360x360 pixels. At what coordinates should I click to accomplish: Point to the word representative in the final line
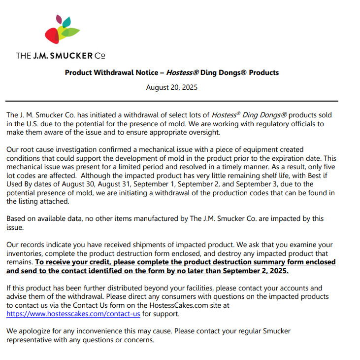click(x=29, y=340)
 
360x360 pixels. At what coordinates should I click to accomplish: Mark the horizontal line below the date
click(x=172, y=101)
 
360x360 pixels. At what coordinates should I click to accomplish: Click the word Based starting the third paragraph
click(x=16, y=218)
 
